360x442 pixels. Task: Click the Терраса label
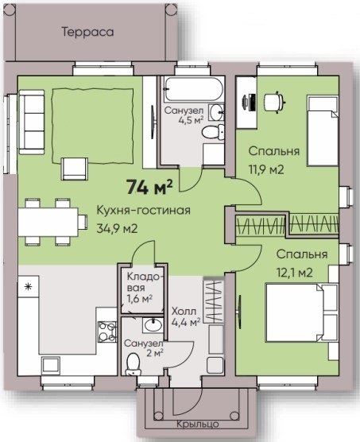pos(88,32)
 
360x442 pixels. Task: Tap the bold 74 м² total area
pos(149,187)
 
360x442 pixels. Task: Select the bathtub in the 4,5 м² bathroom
pos(194,89)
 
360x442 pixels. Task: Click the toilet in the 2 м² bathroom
pos(133,363)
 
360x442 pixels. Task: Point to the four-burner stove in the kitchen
pos(107,331)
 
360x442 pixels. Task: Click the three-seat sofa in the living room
pos(32,122)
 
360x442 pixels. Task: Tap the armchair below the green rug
pos(75,169)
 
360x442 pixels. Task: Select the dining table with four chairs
pos(52,221)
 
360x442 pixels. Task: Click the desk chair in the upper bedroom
pos(274,102)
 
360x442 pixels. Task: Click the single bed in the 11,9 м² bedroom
pos(323,130)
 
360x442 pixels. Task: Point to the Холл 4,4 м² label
pos(186,317)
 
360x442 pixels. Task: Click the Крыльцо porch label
pos(197,424)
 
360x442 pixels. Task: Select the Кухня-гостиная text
pos(143,211)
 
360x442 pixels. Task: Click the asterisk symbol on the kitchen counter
pos(28,287)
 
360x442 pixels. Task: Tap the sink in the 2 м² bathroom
pos(153,325)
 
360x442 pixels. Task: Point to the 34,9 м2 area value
pos(117,229)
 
